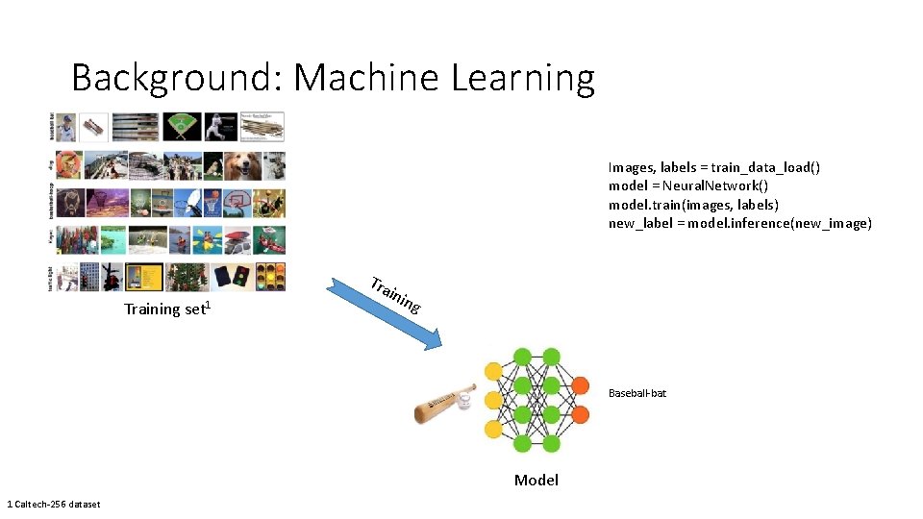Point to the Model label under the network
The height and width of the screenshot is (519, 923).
[536, 480]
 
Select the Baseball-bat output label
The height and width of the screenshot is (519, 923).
[636, 393]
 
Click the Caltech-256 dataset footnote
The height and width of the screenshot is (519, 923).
[53, 504]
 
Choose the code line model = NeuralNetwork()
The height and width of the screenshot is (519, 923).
[687, 185]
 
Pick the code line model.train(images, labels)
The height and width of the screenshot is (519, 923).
[693, 205]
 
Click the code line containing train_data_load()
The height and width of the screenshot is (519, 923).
[713, 167]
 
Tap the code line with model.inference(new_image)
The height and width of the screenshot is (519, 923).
[739, 223]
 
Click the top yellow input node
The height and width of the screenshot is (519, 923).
[493, 371]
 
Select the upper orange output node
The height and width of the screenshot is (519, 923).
[580, 386]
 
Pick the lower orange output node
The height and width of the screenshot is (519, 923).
[580, 415]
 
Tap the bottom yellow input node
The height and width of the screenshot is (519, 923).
[493, 430]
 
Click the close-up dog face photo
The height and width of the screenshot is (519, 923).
[243, 165]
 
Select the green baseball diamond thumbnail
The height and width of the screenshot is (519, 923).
[181, 127]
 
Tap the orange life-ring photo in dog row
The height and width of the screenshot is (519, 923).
[68, 165]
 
